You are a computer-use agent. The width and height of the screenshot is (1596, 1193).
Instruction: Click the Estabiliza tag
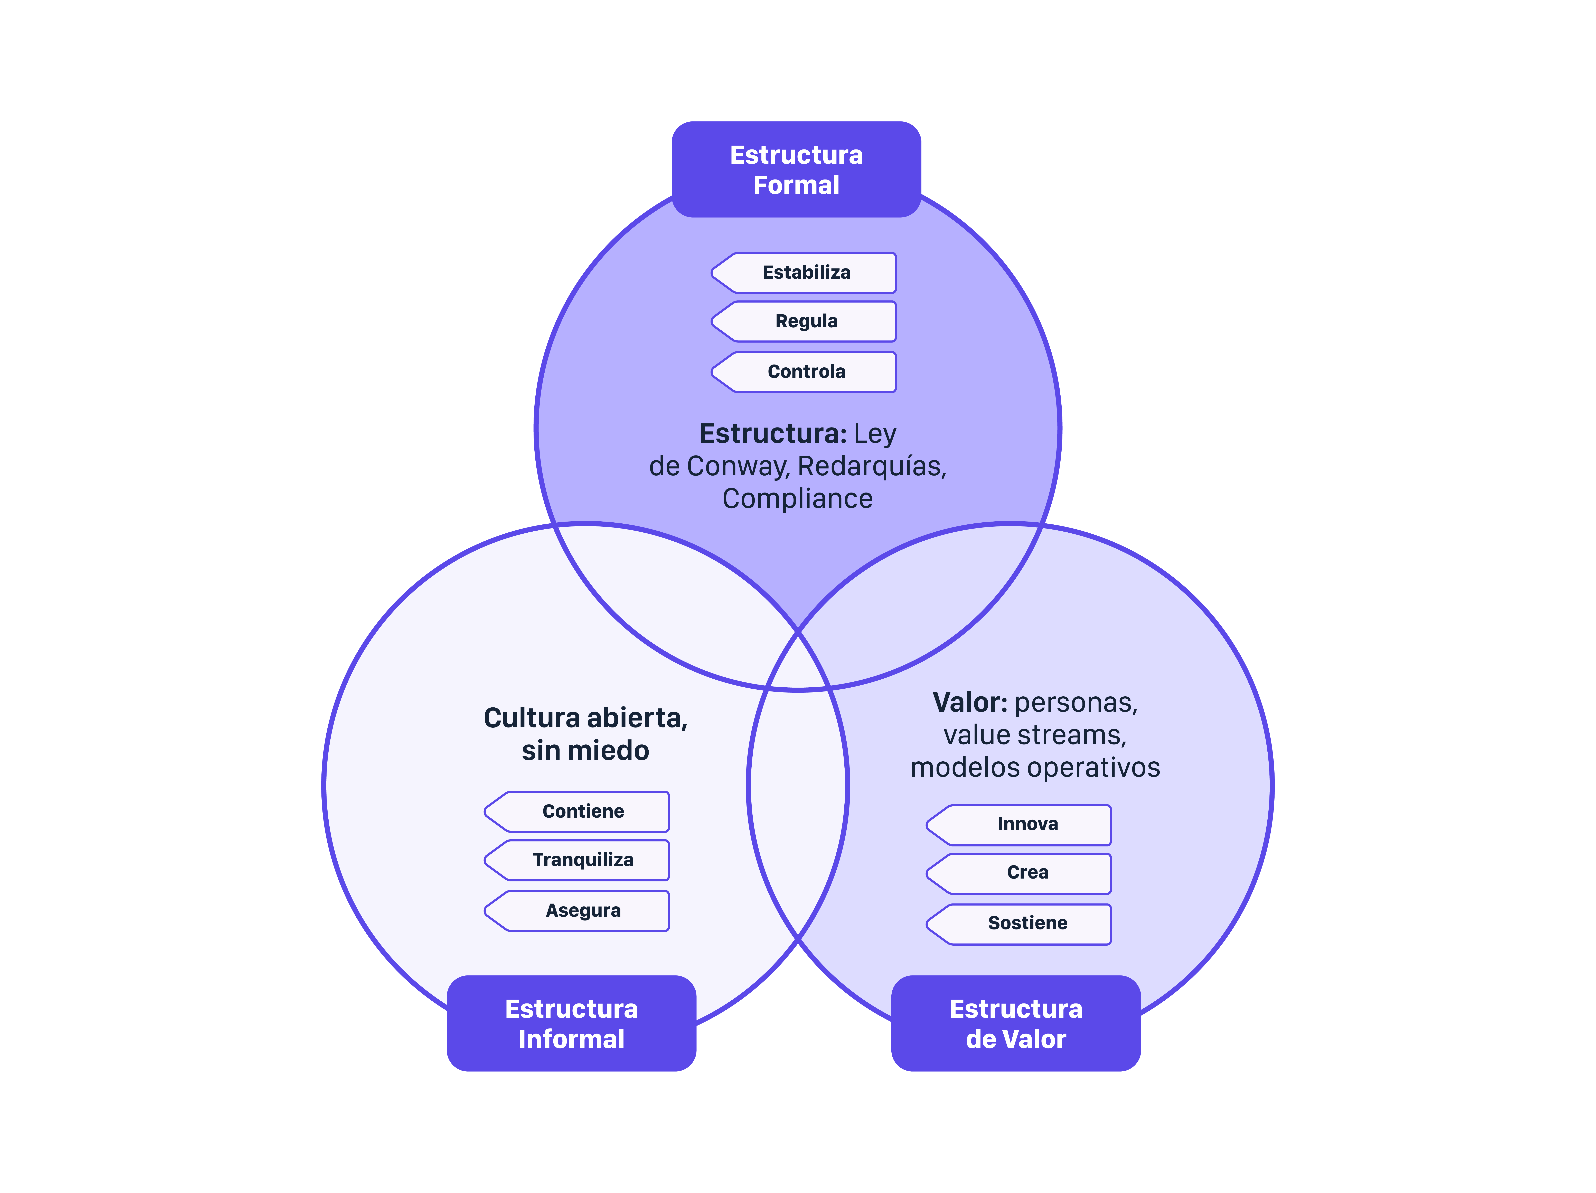pyautogui.click(x=806, y=273)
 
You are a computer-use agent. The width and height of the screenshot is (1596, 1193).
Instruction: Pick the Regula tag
pyautogui.click(x=806, y=321)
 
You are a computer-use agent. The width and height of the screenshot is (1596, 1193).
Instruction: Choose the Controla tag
pyautogui.click(x=806, y=372)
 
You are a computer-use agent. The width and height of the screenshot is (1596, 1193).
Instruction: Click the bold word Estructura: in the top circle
pyautogui.click(x=773, y=434)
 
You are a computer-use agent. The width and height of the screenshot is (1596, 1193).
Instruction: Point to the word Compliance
pyautogui.click(x=797, y=499)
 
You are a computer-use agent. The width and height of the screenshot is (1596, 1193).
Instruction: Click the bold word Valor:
pyautogui.click(x=969, y=702)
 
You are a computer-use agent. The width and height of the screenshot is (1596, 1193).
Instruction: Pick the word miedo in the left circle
pyautogui.click(x=610, y=751)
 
